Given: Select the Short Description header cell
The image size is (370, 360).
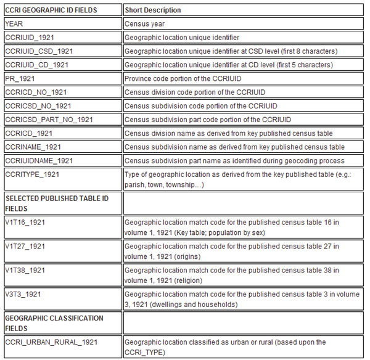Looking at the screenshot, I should pos(154,10).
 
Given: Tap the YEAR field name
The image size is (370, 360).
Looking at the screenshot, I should pos(15,24).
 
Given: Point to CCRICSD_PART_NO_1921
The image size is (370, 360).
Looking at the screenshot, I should pos(49,119).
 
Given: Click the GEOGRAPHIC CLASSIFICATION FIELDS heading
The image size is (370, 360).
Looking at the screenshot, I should pos(54,324).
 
